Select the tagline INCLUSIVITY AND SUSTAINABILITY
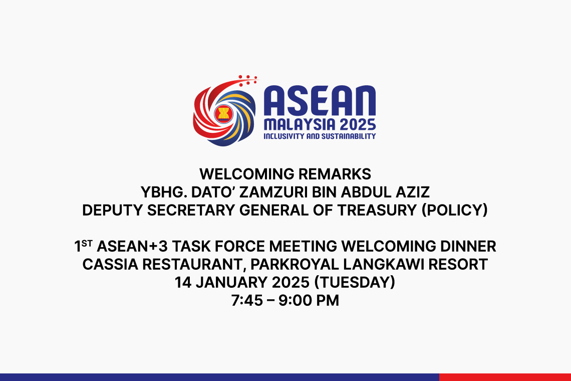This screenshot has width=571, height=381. click(x=320, y=136)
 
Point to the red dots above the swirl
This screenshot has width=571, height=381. click(x=247, y=79)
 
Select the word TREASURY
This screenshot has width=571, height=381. click(x=379, y=211)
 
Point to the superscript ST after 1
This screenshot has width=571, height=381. click(x=87, y=243)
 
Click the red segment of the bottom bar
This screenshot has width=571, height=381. click(x=505, y=377)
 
